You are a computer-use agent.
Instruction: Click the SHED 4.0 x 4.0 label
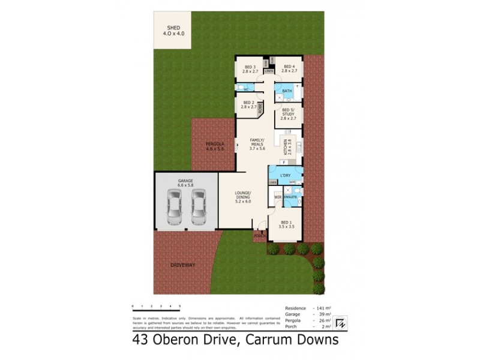point(173,31)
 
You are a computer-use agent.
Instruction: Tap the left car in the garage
point(174,207)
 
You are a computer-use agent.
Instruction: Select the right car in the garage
point(199,207)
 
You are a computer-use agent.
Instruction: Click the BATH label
point(287,92)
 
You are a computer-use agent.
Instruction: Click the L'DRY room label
point(286,175)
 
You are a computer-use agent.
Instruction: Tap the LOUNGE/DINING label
point(243,196)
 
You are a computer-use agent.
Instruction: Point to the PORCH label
point(259,236)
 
